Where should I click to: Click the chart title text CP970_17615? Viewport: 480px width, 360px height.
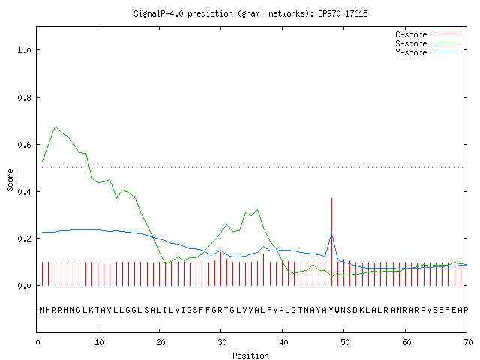click(x=343, y=13)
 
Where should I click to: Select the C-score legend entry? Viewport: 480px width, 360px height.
click(x=427, y=34)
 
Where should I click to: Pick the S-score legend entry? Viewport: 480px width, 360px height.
click(x=427, y=43)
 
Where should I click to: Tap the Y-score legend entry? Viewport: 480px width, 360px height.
click(x=427, y=52)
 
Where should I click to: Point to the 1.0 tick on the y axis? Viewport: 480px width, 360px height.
click(x=24, y=50)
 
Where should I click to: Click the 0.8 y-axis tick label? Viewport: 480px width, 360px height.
click(x=24, y=97)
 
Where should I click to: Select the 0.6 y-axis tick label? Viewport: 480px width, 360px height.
click(x=24, y=145)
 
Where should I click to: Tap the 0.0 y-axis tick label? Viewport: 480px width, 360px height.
click(x=24, y=286)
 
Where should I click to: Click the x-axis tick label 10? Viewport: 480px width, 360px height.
click(x=99, y=342)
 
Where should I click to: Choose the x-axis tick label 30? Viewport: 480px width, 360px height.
click(x=222, y=342)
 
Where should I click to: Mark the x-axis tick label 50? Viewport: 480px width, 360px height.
click(x=345, y=342)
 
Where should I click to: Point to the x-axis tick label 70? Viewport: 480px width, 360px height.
click(x=468, y=342)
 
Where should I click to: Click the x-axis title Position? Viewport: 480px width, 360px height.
click(x=250, y=355)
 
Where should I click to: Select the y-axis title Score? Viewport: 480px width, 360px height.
click(x=10, y=181)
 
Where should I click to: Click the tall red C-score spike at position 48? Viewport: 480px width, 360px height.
click(x=331, y=241)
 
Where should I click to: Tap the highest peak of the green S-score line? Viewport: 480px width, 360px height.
click(x=55, y=127)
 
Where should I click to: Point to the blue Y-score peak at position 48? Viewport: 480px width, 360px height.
click(x=331, y=234)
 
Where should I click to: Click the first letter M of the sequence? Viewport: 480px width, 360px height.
click(x=42, y=310)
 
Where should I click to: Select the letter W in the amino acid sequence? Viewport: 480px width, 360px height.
click(x=337, y=310)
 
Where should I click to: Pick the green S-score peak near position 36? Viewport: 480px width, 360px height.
click(x=258, y=210)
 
